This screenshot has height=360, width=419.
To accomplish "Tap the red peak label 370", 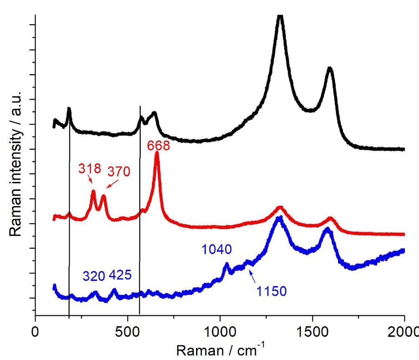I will pos(119,171).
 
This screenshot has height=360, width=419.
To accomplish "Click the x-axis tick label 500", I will pos(128,328).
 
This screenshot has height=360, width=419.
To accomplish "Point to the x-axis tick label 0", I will pos(36,328).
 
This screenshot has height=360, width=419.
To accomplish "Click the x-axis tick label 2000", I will pos(403,328).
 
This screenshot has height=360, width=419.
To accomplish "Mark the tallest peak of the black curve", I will pos(280,18).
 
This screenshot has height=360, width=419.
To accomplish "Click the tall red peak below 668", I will pos(157,154).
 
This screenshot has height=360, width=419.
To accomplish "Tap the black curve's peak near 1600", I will pos(330,68).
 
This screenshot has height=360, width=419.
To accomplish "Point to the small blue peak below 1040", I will pos(227,264).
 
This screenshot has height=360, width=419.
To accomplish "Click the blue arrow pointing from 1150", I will pos(253,276).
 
